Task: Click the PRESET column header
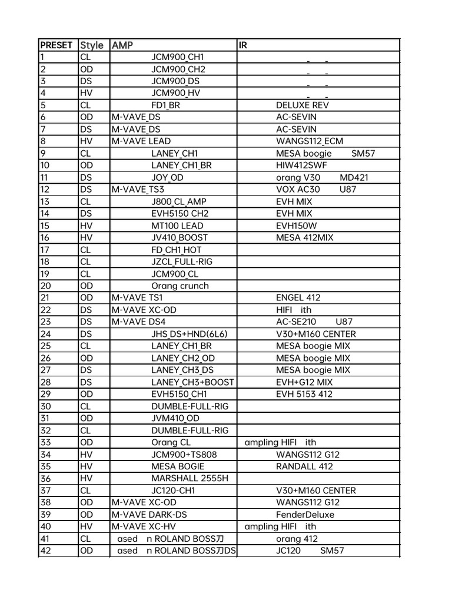[56, 45]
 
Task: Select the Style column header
[91, 45]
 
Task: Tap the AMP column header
[122, 45]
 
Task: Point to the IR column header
[243, 45]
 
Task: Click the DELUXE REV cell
[303, 105]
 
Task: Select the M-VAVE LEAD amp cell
[141, 141]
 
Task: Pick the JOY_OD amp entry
[167, 177]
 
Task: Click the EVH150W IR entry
[296, 226]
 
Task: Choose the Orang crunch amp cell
[180, 286]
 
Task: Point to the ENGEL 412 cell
[298, 298]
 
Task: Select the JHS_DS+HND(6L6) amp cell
[189, 334]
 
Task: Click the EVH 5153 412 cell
[304, 394]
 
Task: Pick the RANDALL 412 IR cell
[304, 466]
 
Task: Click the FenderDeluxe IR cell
[305, 515]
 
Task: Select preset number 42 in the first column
[45, 551]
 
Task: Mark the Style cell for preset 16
[85, 238]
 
